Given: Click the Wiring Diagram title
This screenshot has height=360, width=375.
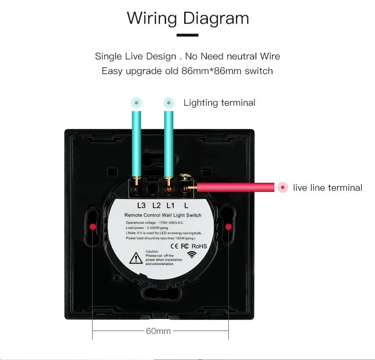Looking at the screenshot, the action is click(x=187, y=18).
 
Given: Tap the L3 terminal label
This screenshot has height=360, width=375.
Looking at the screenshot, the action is click(x=141, y=206).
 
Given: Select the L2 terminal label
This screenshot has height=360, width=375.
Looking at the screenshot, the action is click(x=156, y=206).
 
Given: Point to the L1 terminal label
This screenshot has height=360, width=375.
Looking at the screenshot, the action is click(x=171, y=206).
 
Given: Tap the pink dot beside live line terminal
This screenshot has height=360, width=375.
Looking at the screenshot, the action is click(x=283, y=188).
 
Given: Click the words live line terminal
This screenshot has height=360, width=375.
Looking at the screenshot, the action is click(x=328, y=188).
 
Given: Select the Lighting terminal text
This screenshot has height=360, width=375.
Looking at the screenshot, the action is click(x=219, y=103).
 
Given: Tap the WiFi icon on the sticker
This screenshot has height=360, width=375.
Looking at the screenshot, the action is click(x=192, y=254).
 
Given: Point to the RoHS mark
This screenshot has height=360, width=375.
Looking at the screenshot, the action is click(x=199, y=246).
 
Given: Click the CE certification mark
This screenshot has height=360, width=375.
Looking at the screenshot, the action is click(x=174, y=246).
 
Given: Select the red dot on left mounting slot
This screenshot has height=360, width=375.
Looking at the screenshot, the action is click(x=92, y=226).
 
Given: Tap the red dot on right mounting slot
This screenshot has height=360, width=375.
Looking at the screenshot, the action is click(x=228, y=226).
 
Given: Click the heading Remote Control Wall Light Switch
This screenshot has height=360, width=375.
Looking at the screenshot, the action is click(x=162, y=215).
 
